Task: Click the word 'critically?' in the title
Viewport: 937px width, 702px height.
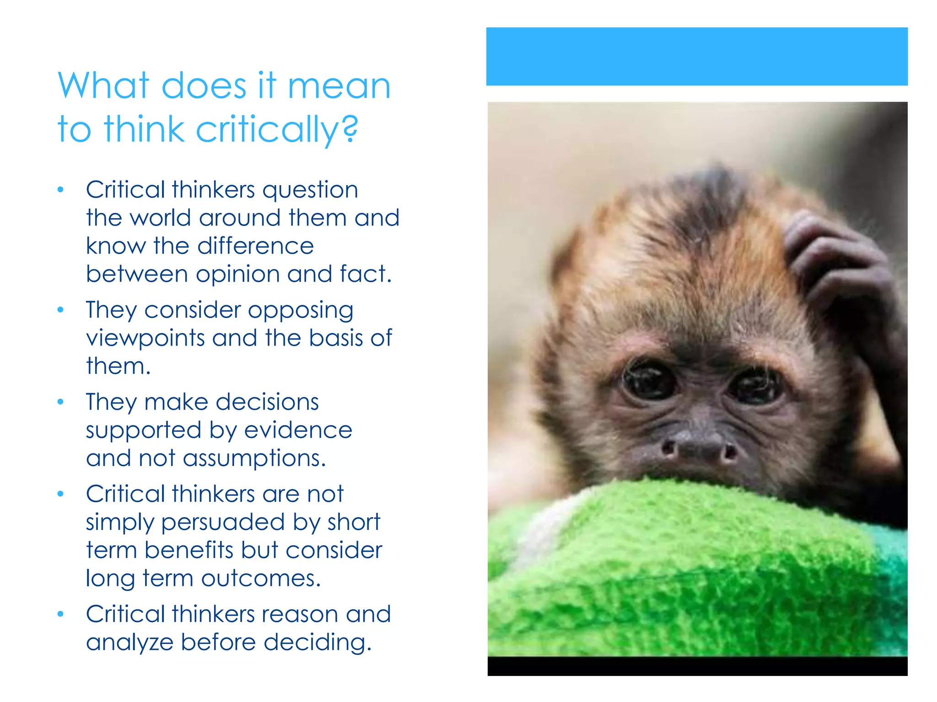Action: [277, 129]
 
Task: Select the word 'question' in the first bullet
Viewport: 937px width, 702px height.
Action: [310, 190]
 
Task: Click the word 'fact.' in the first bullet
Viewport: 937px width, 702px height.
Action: [366, 274]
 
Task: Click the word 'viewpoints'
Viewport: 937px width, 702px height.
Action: [145, 339]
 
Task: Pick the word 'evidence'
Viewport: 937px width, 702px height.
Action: [298, 430]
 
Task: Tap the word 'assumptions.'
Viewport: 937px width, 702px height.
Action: [254, 458]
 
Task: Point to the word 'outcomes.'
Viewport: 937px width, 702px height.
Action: [261, 578]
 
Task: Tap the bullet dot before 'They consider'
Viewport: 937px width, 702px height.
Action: [60, 310]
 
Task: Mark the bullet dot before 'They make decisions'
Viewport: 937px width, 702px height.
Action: [60, 402]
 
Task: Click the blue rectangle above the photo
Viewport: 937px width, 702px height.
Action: [696, 56]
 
